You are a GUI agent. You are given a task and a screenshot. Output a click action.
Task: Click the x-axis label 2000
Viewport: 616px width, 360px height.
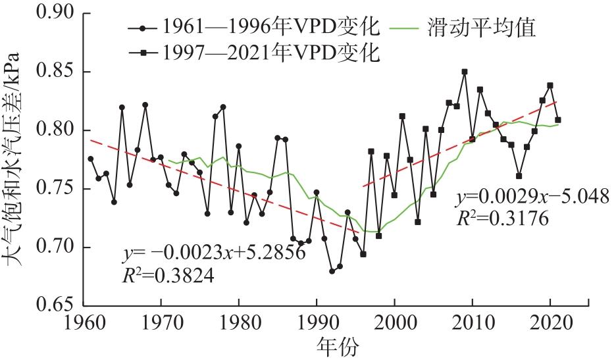pyautogui.click(x=394, y=324)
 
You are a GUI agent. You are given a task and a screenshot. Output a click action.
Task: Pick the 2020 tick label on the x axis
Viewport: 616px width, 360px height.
pyautogui.click(x=550, y=324)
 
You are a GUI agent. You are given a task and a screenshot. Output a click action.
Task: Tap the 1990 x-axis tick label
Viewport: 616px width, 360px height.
pyautogui.click(x=317, y=324)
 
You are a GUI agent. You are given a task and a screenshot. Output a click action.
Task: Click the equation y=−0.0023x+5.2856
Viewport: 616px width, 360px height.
pyautogui.click(x=214, y=251)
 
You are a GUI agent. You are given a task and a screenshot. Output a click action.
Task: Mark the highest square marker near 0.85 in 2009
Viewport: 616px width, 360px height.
pyautogui.click(x=465, y=72)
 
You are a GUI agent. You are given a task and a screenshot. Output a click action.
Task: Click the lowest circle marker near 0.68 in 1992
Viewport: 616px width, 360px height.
pyautogui.click(x=332, y=271)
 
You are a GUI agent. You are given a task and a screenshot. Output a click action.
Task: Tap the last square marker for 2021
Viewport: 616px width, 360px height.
pyautogui.click(x=558, y=120)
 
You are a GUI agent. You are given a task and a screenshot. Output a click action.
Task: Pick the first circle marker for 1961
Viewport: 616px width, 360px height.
pyautogui.click(x=91, y=159)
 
